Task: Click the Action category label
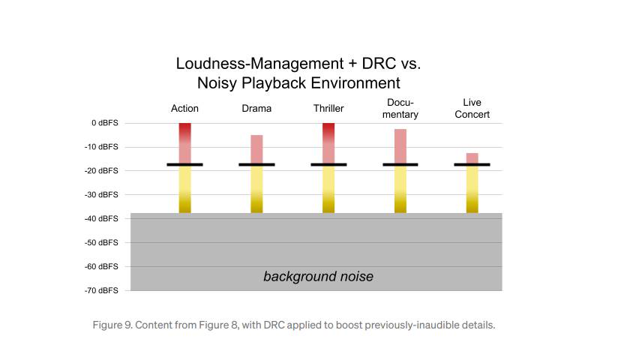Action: tap(184, 109)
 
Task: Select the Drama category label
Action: tap(256, 109)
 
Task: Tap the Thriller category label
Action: tap(328, 109)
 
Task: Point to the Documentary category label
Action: tap(400, 109)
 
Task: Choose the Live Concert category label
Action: tap(472, 109)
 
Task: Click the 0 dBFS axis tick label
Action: tap(103, 123)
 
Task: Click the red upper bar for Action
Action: tap(184, 142)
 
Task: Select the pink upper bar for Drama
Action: tap(256, 148)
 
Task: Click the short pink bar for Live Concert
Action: tap(472, 157)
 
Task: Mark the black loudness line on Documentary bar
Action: tap(400, 164)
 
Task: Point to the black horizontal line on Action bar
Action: tap(184, 164)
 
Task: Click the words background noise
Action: tap(318, 277)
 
